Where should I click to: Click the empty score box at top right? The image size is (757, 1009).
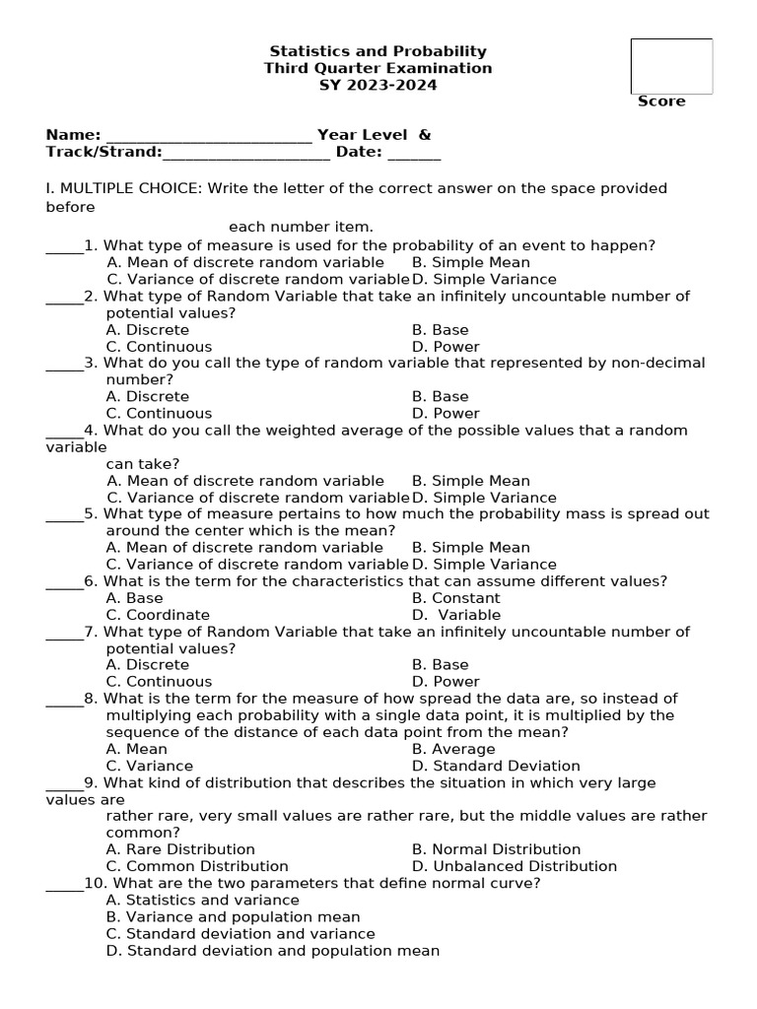coord(671,66)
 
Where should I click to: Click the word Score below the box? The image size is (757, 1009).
coord(661,101)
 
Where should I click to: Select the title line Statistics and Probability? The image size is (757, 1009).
coord(378,51)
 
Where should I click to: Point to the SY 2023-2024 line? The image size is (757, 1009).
coord(378,85)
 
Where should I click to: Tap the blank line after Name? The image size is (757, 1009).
coord(208,136)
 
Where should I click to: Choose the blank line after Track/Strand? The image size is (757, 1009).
coord(246,153)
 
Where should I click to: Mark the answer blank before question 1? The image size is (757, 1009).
coord(64,246)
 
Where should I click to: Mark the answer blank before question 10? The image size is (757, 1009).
coord(64,884)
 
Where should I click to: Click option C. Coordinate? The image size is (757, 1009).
coord(158,615)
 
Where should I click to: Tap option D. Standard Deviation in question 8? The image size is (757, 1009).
coord(496,766)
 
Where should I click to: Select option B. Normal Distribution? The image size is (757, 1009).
coord(496,849)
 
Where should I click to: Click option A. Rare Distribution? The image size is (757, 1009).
coord(180,849)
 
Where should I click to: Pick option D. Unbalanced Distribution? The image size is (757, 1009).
coord(515,866)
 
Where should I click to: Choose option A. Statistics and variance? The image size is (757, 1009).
coord(202,901)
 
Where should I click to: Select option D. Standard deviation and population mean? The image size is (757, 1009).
coord(272,951)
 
